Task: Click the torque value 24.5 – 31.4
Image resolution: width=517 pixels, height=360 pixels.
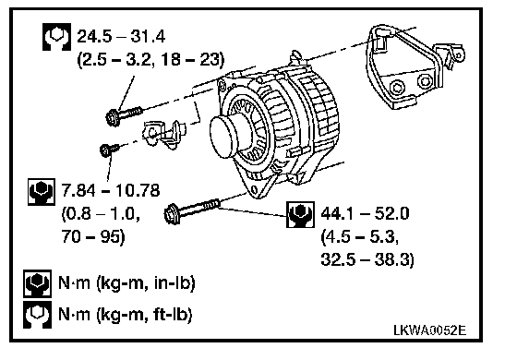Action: point(121,36)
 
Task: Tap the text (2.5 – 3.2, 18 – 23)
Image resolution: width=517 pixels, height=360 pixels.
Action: point(150,60)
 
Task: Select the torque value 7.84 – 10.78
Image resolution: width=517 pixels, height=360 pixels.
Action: point(111,190)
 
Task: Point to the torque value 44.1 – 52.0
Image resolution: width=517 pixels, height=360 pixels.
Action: point(365,213)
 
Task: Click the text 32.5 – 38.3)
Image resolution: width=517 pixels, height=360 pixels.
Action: point(367,259)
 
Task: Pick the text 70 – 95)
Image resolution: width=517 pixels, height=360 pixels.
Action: point(93,236)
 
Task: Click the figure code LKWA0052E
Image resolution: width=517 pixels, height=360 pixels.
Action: point(430,330)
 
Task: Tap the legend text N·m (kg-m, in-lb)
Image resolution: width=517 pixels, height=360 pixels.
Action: point(126,282)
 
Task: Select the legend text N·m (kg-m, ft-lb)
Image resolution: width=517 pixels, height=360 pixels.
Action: point(125,314)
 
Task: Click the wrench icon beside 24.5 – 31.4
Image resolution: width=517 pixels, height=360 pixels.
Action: point(56,37)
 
